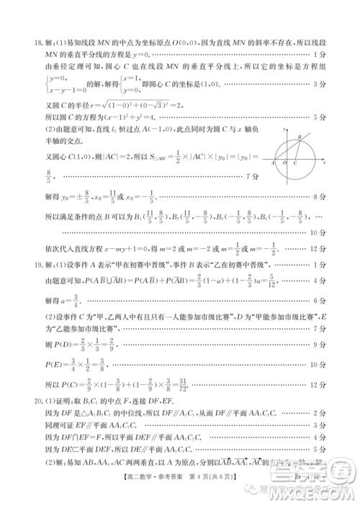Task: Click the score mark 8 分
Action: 320,196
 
